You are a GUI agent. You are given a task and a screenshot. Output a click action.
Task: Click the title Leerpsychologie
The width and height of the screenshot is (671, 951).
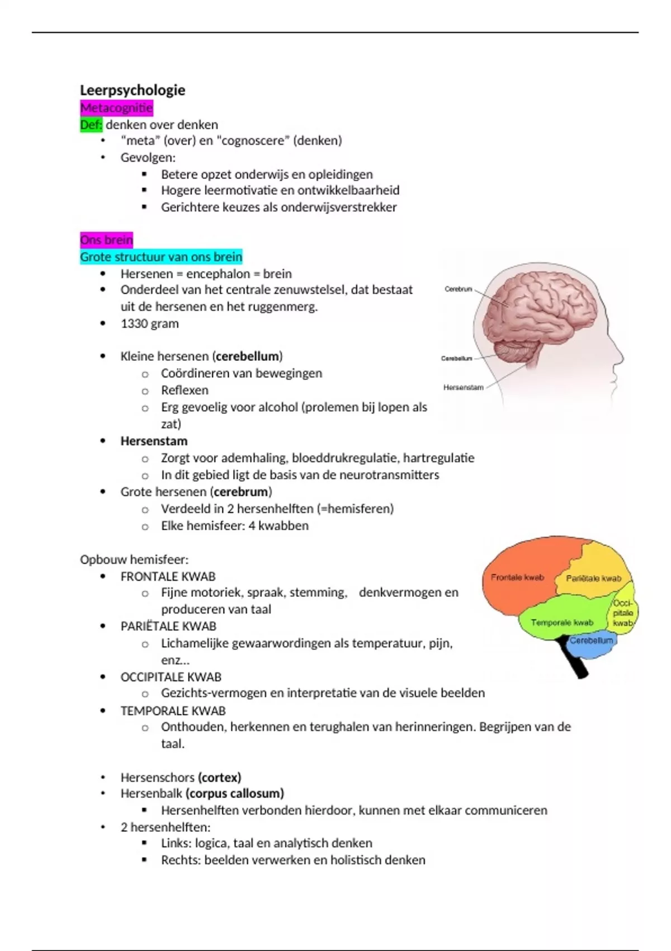133,90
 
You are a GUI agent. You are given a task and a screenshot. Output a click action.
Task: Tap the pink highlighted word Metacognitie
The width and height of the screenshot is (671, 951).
116,107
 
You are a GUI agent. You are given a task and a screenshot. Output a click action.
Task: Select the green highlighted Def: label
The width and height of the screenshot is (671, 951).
91,124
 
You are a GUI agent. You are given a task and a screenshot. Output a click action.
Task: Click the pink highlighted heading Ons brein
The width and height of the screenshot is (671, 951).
106,240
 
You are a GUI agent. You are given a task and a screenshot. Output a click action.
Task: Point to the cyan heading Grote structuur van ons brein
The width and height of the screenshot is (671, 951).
161,257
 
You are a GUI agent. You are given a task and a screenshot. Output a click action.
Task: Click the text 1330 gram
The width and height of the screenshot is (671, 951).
149,323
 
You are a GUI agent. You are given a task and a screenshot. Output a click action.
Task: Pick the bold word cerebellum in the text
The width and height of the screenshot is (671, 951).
247,356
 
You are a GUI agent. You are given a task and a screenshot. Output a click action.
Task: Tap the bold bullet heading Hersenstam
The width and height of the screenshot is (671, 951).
154,441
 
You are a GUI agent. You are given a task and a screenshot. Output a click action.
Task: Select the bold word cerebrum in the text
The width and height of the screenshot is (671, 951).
240,492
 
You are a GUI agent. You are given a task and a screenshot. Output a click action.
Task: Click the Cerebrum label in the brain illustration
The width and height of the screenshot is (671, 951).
458,289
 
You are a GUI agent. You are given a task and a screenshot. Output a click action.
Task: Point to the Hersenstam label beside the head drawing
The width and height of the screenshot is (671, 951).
463,387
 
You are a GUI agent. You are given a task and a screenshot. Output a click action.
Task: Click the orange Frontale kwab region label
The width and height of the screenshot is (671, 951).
517,577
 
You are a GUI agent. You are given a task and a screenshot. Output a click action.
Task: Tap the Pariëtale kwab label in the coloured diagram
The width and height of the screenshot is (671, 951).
593,578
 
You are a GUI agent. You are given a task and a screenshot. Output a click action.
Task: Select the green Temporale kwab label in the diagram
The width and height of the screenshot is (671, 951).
561,622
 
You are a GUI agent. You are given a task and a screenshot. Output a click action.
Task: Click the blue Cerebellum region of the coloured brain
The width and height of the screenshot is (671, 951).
591,641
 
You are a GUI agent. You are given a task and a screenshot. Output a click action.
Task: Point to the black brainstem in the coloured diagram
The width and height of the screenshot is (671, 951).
575,663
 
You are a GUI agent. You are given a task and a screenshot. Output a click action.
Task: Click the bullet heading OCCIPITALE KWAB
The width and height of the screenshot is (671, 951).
171,677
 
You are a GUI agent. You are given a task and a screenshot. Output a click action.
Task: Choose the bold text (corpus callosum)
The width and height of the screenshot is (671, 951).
235,793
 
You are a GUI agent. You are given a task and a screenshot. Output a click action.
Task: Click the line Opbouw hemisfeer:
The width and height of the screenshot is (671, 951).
134,559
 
